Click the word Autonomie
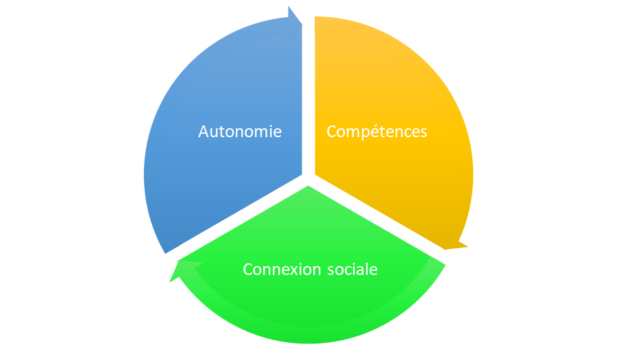pos(240,131)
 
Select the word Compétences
pos(376,131)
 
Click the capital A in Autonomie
pos(204,131)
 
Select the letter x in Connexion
pos(295,269)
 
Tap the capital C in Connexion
pos(248,269)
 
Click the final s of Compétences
pos(423,132)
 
